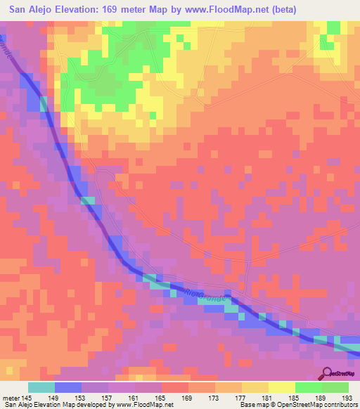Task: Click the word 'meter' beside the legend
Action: click(x=11, y=398)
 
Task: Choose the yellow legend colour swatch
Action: click(x=282, y=387)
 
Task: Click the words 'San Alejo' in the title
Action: click(x=31, y=10)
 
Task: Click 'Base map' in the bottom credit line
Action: click(x=250, y=405)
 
